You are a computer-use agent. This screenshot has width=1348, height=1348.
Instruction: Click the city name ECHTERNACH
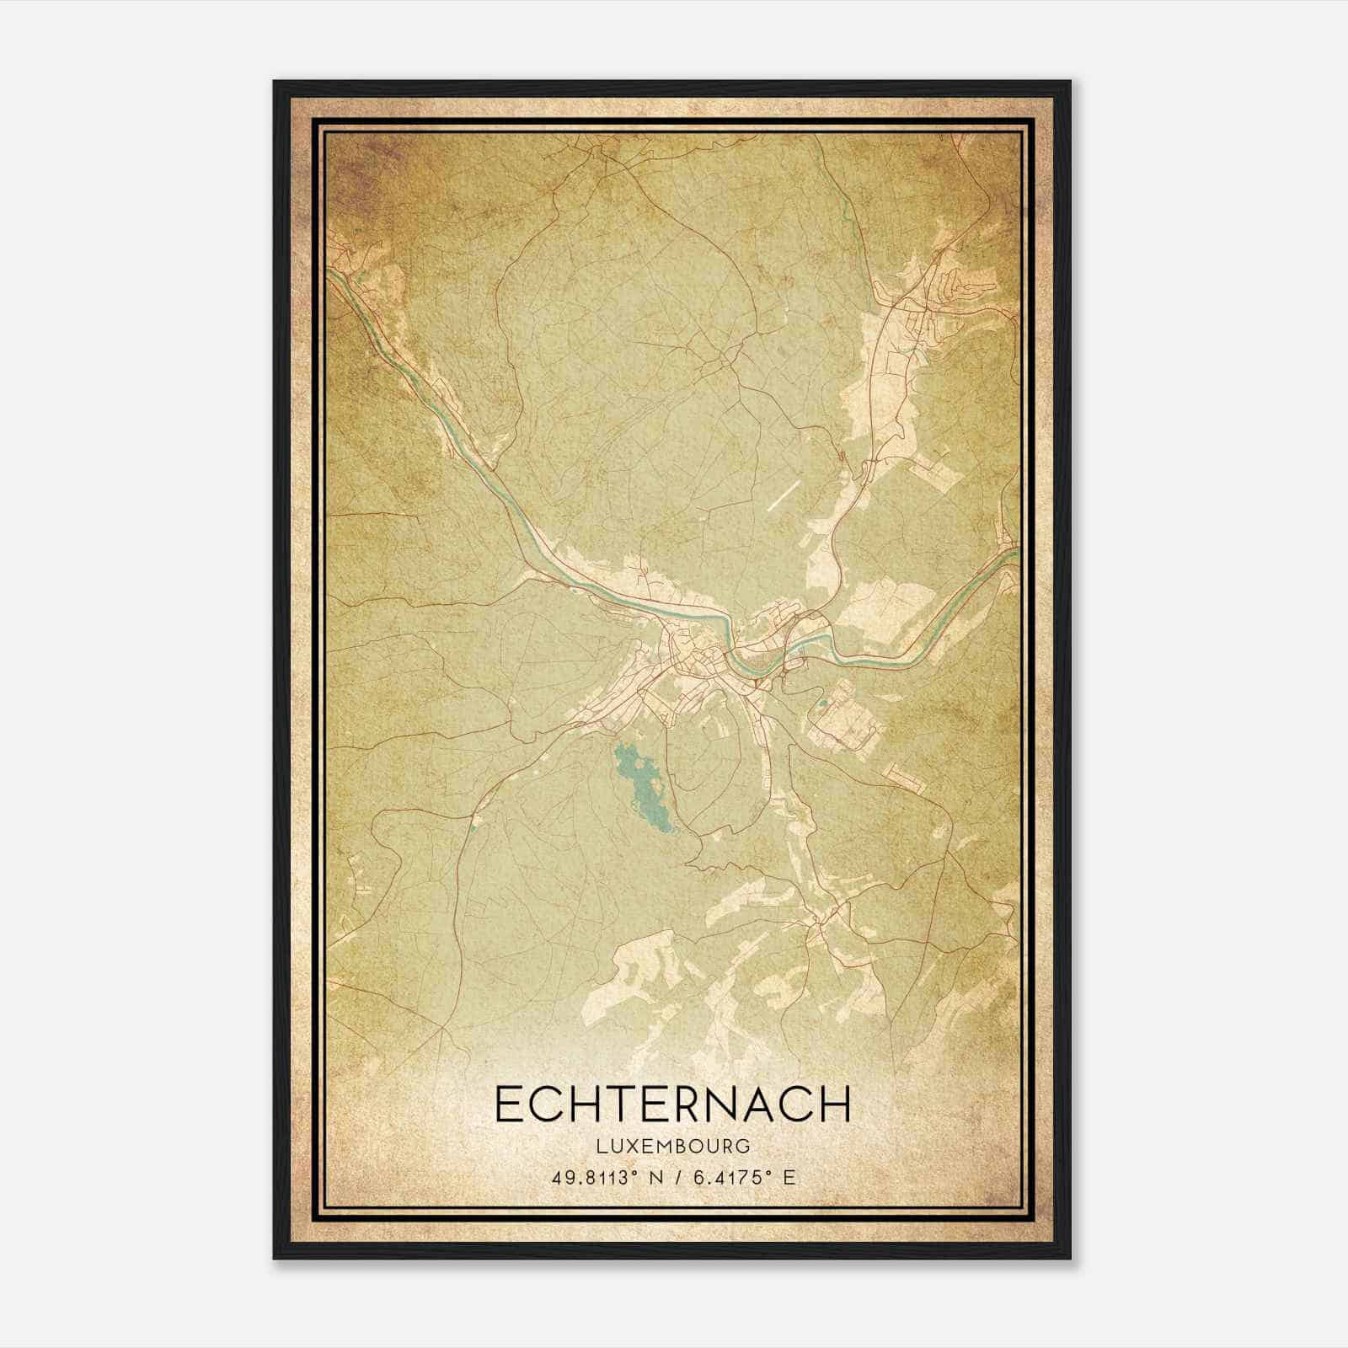[672, 1105]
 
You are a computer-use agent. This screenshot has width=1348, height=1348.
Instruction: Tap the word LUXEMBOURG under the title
[672, 1146]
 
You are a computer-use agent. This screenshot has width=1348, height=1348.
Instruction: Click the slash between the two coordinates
[672, 1177]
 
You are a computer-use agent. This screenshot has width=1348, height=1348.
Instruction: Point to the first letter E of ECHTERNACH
[508, 1105]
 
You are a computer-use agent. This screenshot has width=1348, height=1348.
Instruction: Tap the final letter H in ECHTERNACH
[835, 1105]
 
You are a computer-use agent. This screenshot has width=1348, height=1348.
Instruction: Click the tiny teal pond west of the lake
[474, 821]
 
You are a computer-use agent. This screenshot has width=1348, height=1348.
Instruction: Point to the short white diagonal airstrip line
[783, 497]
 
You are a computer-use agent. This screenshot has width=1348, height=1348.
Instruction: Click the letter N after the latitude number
[647, 1177]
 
